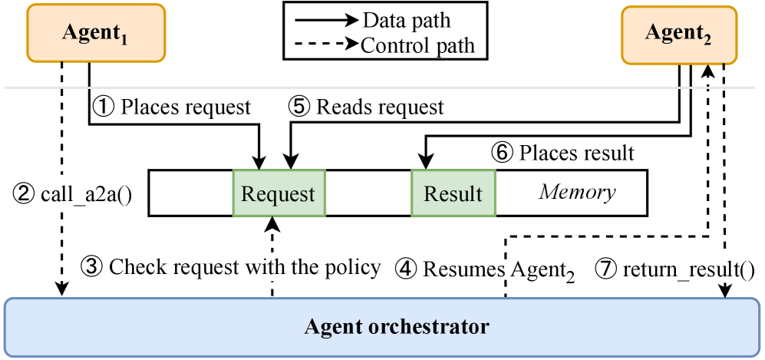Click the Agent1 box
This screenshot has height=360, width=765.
[96, 34]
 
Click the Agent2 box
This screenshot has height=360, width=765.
[678, 35]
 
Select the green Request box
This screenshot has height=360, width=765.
[279, 193]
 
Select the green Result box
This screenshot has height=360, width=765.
[453, 193]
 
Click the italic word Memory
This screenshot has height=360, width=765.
[577, 191]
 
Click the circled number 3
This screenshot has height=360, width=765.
[91, 267]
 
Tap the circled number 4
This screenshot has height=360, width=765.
[406, 269]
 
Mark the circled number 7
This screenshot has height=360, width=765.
[605, 269]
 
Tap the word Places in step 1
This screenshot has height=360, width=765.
[149, 107]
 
